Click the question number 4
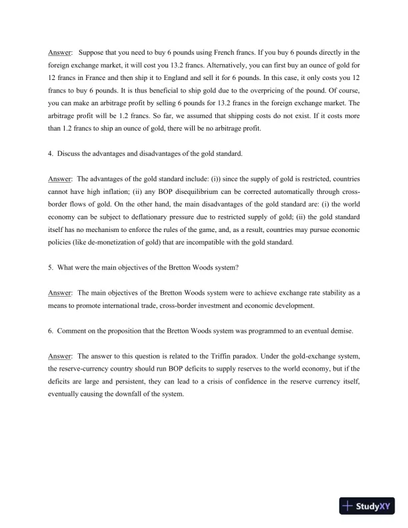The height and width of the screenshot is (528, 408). pos(50,154)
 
